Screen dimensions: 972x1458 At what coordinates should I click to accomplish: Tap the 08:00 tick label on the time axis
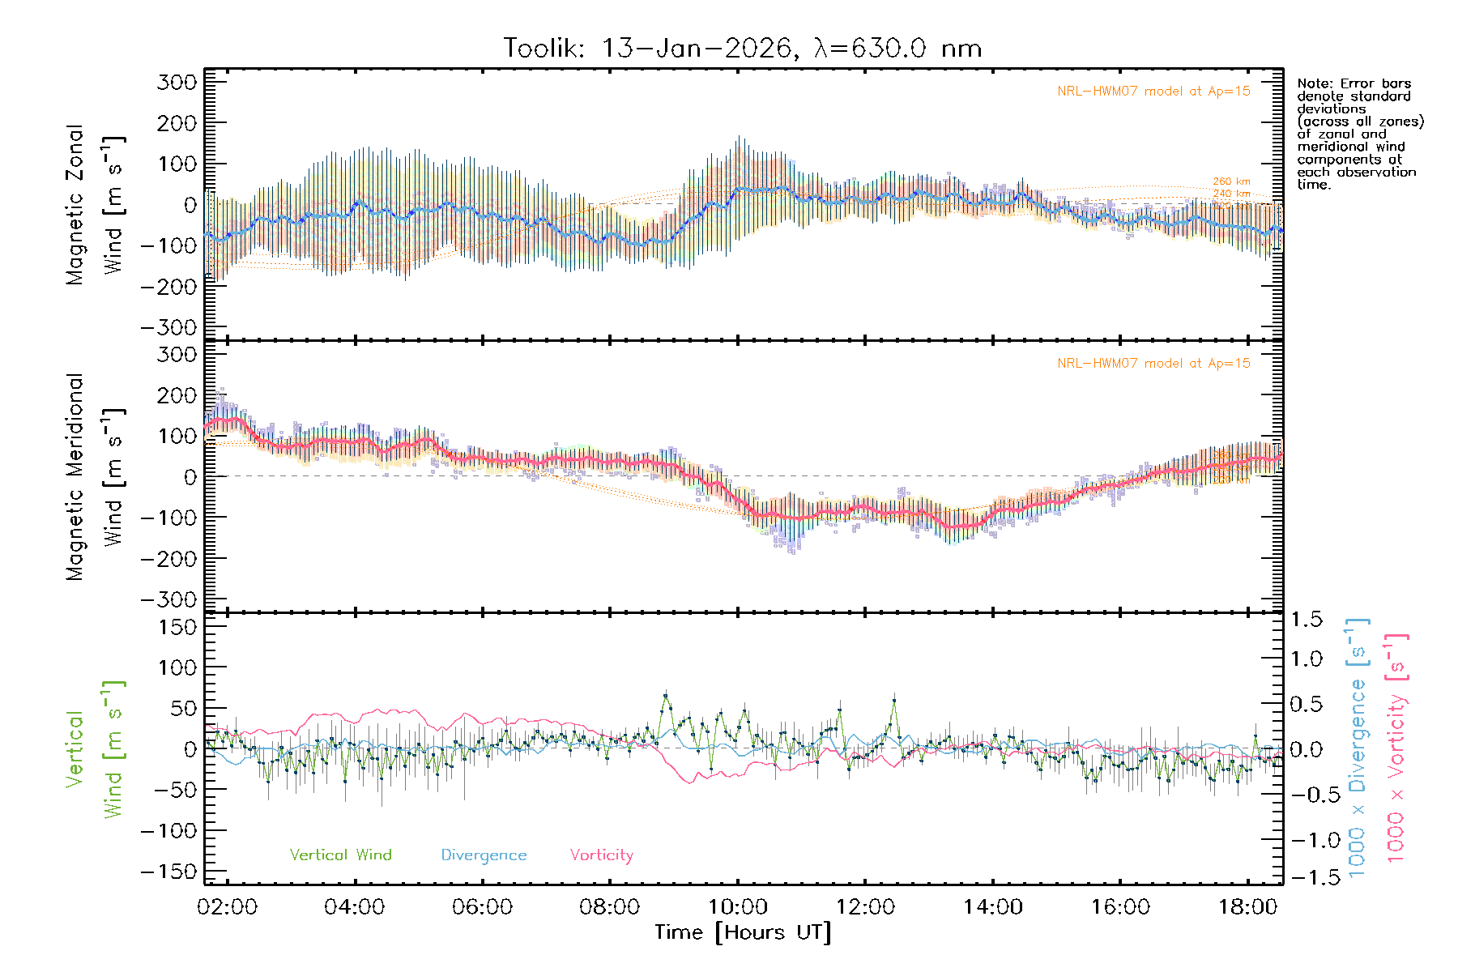coord(609,907)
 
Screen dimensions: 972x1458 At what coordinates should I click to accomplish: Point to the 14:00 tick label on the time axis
coord(992,907)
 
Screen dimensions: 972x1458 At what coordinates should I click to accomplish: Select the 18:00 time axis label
coord(1247,907)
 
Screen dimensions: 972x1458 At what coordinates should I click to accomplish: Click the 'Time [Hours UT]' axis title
coord(743,933)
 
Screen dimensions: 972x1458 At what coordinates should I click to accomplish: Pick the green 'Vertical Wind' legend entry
coord(340,855)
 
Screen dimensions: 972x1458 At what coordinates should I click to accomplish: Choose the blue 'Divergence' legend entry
coord(484,855)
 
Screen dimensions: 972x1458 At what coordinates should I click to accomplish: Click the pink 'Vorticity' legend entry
coord(601,855)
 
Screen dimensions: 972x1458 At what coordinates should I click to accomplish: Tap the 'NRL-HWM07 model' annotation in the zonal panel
coord(1153,92)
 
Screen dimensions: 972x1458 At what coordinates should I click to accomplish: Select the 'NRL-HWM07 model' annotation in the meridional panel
coord(1153,364)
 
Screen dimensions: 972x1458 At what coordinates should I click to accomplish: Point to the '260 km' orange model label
coord(1231,181)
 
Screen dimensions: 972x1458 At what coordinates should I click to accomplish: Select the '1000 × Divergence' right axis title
coord(1358,748)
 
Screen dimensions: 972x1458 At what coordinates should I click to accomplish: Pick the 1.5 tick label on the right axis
coord(1306,620)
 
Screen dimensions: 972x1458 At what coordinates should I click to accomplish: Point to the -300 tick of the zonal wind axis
coord(168,327)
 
